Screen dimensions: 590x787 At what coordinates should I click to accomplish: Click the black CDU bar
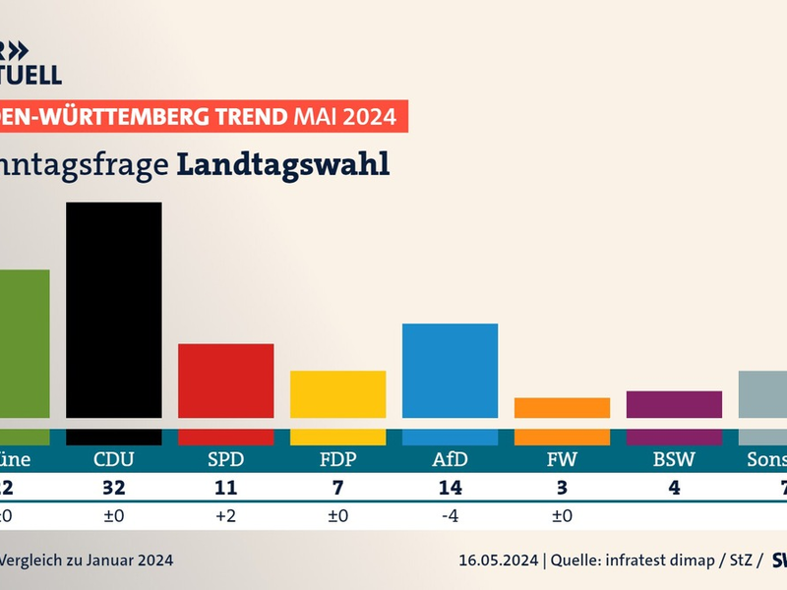point(113,315)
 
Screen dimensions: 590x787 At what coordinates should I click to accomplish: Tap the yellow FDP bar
point(337,399)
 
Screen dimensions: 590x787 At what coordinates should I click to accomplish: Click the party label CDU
point(113,459)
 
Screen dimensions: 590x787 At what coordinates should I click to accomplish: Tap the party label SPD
point(225,459)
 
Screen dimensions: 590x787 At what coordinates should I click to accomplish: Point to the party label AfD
point(450,459)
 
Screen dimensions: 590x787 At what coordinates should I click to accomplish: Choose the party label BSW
point(674,459)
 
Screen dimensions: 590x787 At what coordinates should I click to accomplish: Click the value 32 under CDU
point(113,487)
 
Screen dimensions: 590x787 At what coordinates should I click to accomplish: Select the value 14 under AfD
point(450,487)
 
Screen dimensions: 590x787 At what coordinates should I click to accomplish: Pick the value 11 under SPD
point(225,487)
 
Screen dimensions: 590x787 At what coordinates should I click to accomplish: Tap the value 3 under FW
point(562,487)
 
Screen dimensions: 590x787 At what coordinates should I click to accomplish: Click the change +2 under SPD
point(225,513)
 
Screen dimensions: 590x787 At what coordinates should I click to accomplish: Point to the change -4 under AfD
point(450,513)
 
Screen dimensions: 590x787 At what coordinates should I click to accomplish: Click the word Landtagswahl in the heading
point(283,164)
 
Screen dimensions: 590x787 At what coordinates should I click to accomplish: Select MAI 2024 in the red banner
point(344,117)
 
